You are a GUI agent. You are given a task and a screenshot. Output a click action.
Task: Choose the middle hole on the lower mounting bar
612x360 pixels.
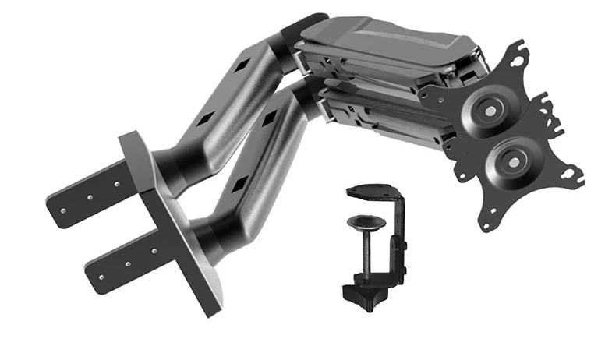pos(129,257)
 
